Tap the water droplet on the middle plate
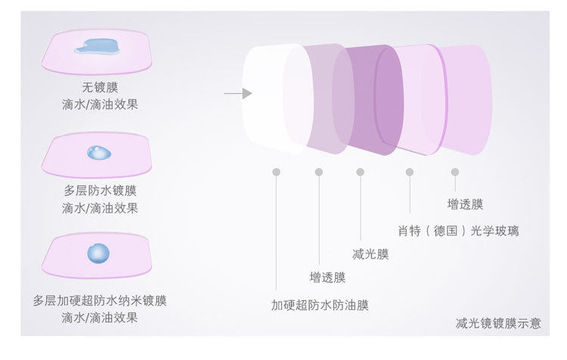coord(98,153)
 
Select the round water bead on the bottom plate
coord(98,252)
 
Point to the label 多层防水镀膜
coord(100,191)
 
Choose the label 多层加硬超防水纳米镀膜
coord(100,301)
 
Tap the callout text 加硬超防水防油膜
coord(321,306)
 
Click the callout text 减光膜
coord(370,254)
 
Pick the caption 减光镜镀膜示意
coord(499,324)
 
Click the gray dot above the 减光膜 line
coord(361,172)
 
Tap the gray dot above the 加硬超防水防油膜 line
coord(277,172)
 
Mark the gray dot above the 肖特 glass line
coord(410,172)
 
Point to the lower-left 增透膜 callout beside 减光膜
coord(327,278)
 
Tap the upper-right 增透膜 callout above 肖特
coord(465,204)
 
